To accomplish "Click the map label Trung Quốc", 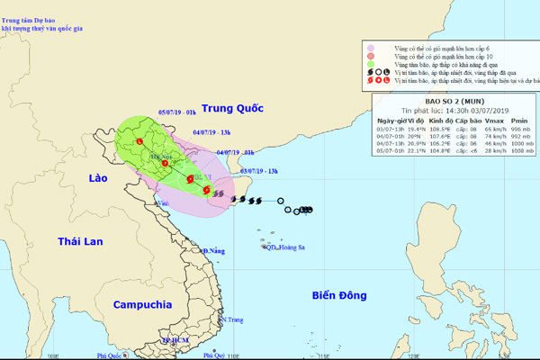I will (x=232, y=108).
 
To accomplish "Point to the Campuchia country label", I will (x=142, y=304).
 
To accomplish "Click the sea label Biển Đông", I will (x=341, y=294).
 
